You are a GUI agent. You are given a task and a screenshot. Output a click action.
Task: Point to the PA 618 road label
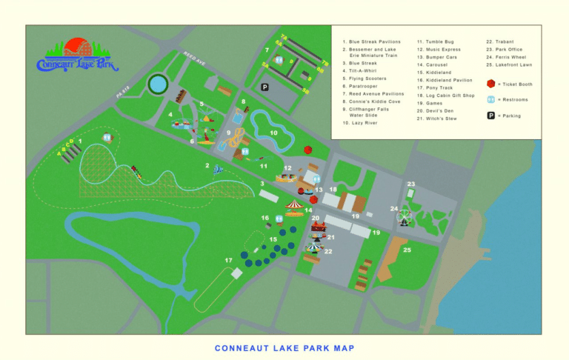122,91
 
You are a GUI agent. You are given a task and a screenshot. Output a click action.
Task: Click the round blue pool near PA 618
157,84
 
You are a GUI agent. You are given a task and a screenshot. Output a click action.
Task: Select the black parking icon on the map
264,87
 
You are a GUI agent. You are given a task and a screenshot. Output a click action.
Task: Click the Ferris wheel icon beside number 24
404,217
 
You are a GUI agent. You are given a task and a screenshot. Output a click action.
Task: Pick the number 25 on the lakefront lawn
407,250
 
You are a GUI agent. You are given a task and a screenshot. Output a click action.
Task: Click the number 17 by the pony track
229,260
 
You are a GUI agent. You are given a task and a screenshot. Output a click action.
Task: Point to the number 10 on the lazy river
273,133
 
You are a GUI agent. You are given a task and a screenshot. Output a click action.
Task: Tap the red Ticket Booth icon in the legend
490,84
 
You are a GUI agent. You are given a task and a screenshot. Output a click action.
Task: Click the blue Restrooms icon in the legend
490,99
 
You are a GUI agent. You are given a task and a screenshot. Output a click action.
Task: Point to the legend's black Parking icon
490,115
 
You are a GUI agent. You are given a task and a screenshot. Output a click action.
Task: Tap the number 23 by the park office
410,184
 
